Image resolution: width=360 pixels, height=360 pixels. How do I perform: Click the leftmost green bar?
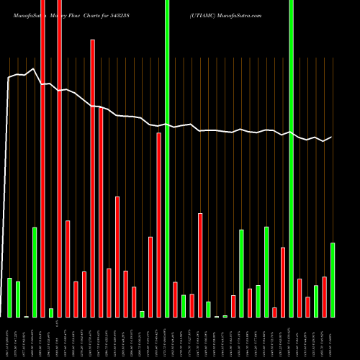9,297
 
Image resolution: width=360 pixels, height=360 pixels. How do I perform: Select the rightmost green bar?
333,280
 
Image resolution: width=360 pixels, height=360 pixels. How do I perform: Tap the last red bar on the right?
324,297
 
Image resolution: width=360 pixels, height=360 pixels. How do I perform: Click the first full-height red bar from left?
42,158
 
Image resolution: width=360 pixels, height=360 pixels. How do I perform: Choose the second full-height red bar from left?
59,158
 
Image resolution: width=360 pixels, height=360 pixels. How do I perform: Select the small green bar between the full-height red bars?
51,312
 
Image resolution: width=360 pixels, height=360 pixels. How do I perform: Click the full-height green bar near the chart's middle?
167,158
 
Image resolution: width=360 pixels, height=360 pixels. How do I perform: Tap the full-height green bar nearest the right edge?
291,158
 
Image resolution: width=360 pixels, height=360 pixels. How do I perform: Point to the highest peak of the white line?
34,69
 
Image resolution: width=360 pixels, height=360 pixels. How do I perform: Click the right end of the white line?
332,137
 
